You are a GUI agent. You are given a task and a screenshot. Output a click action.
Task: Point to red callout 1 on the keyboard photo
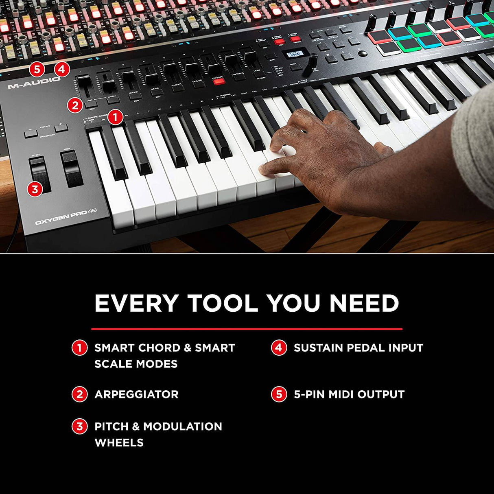tap(115, 118)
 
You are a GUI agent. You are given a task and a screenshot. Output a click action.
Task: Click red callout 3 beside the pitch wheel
tap(35, 189)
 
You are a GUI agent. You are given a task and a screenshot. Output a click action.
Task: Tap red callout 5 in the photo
tap(37, 69)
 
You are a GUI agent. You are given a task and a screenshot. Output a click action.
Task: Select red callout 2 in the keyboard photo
tap(75, 105)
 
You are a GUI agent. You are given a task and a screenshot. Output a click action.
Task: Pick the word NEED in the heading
tap(364, 303)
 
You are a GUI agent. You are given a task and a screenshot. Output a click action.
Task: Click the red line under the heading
tap(247, 329)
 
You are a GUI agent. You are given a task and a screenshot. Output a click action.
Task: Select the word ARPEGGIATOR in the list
tap(136, 394)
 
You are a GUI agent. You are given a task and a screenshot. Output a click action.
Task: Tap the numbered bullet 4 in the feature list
tap(279, 348)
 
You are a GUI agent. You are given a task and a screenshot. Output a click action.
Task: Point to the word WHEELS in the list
tap(119, 442)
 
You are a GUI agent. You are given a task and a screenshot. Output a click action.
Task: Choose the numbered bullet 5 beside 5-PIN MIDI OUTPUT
tap(279, 394)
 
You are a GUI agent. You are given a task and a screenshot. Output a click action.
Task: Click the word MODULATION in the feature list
tap(183, 426)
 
